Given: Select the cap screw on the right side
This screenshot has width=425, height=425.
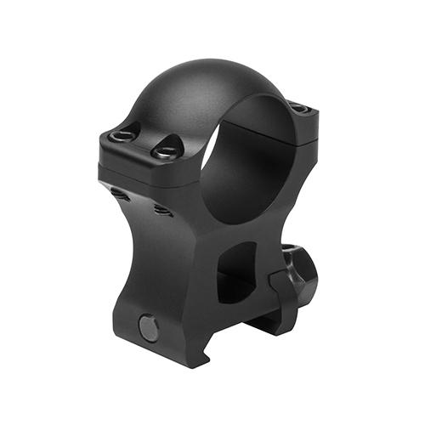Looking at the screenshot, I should point(296,107).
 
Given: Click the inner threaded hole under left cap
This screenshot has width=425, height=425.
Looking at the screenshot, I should point(160,208).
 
